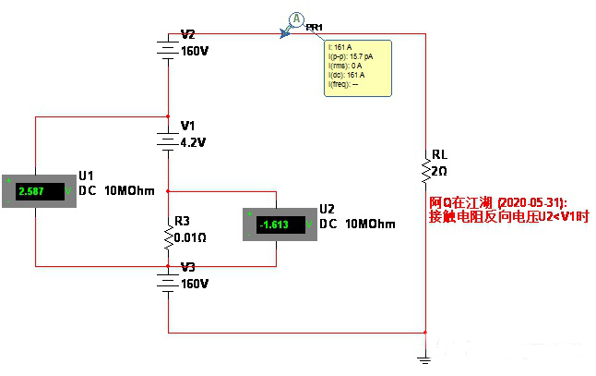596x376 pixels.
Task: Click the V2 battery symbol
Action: tap(168, 50)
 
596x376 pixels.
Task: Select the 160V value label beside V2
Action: tap(196, 52)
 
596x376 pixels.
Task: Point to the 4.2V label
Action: tap(195, 143)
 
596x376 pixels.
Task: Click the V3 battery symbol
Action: tap(168, 281)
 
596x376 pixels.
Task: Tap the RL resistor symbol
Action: tap(425, 170)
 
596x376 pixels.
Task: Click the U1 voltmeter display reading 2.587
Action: tap(37, 192)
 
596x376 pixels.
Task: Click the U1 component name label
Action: tap(87, 175)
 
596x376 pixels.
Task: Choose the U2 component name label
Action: tap(327, 208)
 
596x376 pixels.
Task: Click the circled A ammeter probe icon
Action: tap(296, 18)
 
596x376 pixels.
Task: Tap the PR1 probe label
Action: tap(315, 28)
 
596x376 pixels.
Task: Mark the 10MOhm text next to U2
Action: tap(370, 224)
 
